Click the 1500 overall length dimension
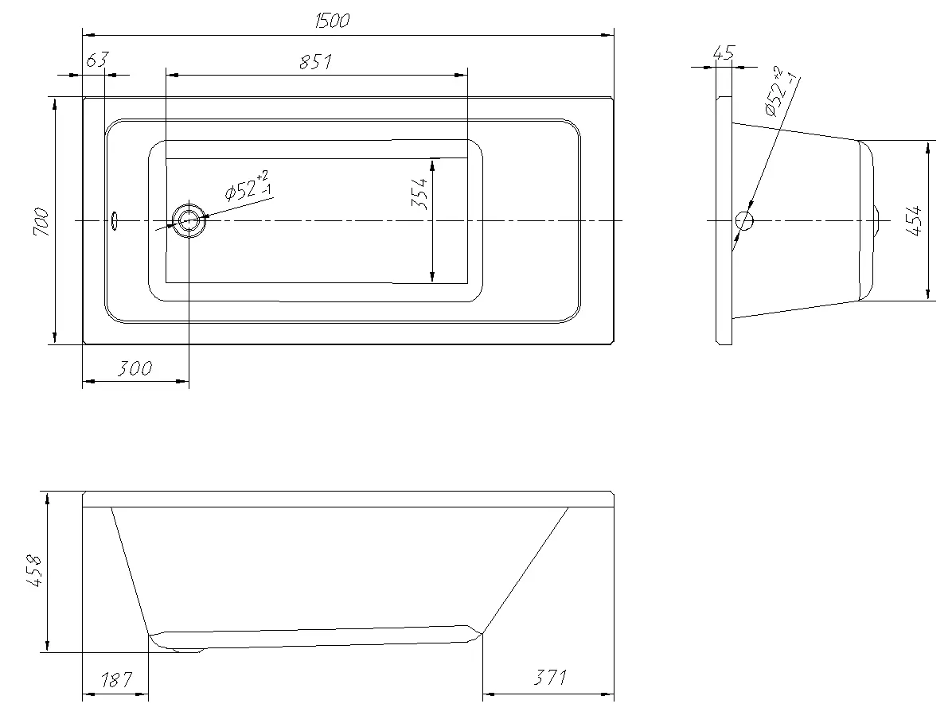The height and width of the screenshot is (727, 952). click(x=333, y=21)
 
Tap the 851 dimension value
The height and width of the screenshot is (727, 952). click(x=316, y=62)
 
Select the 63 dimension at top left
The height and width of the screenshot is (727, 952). click(x=97, y=60)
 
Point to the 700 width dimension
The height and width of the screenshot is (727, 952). click(x=41, y=221)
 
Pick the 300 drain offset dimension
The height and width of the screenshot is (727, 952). click(x=135, y=368)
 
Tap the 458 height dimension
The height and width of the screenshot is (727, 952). click(x=34, y=570)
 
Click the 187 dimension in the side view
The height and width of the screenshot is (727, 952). click(x=115, y=679)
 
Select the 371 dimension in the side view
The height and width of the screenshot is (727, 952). click(x=550, y=677)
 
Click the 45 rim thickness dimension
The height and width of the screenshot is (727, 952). click(x=724, y=52)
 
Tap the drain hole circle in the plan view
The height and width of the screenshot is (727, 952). click(x=189, y=220)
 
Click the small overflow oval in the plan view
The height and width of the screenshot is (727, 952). click(x=114, y=220)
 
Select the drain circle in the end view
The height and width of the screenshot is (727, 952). click(x=743, y=221)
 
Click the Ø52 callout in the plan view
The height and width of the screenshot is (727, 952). click(x=248, y=186)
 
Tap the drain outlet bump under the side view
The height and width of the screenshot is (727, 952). click(x=187, y=650)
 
